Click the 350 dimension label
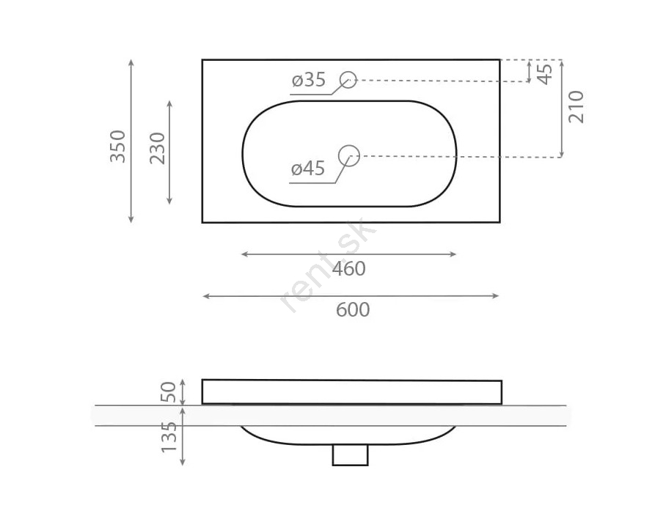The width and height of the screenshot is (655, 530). click(x=118, y=146)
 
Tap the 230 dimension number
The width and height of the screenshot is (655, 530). click(x=158, y=148)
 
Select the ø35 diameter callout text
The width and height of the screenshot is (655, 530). click(x=309, y=80)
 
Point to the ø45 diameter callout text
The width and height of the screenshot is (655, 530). click(x=308, y=169)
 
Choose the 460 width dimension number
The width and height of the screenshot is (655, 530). click(x=349, y=269)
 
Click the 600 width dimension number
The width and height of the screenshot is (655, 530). click(x=353, y=309)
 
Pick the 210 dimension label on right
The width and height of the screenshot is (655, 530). click(x=576, y=106)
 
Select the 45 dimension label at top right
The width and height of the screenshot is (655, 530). click(x=545, y=74)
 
